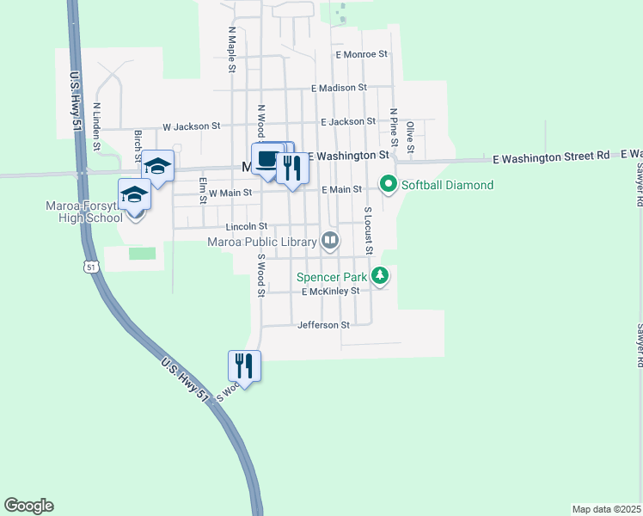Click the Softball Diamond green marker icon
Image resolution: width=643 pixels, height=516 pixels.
pos(388,185)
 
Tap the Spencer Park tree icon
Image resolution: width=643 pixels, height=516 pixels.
pos(380,276)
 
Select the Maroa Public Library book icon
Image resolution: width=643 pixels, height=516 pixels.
pos(329,242)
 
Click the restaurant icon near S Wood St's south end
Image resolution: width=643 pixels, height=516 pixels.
pos(244,365)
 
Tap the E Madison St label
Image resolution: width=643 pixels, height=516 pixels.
pos(339,88)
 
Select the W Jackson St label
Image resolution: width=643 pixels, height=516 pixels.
pos(192,126)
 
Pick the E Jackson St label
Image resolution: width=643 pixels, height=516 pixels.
pos(348,122)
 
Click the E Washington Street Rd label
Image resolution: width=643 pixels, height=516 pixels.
pos(551,157)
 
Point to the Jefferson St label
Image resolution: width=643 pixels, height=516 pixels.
pos(323,325)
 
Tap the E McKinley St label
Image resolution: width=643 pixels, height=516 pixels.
pos(335,292)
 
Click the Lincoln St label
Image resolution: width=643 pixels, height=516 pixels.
pos(247,226)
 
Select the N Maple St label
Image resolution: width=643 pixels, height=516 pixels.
pos(231,41)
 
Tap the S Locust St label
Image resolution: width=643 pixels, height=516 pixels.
pos(367,230)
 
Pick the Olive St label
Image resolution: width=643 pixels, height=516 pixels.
pos(411,138)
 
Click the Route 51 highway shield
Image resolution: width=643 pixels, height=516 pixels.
pos(91,267)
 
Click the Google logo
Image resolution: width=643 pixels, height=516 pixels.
pos(28,506)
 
